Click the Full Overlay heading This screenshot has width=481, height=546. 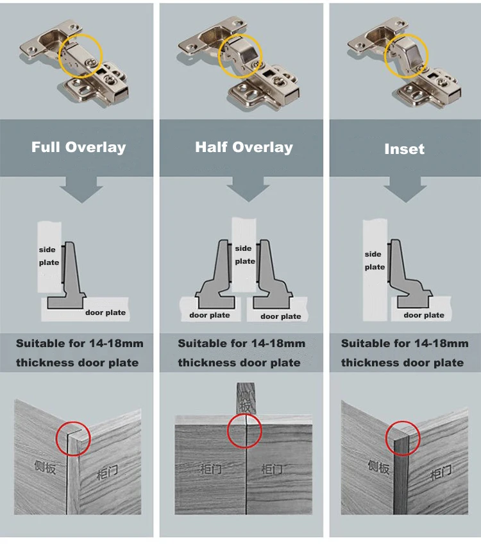click(x=78, y=147)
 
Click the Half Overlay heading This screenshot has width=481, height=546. click(x=244, y=147)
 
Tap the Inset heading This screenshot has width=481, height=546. click(x=404, y=149)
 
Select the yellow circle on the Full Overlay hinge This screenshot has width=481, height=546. click(x=80, y=57)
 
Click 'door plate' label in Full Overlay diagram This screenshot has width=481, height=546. click(x=105, y=312)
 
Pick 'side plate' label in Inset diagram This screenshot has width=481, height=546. click(x=375, y=260)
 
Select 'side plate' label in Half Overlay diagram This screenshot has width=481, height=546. click(x=244, y=255)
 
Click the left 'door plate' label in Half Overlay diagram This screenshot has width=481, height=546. click(x=209, y=315)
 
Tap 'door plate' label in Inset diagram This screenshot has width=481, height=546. click(x=423, y=314)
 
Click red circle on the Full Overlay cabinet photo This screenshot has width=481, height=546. click(x=72, y=439)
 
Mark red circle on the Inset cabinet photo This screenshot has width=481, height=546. click(x=403, y=440)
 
